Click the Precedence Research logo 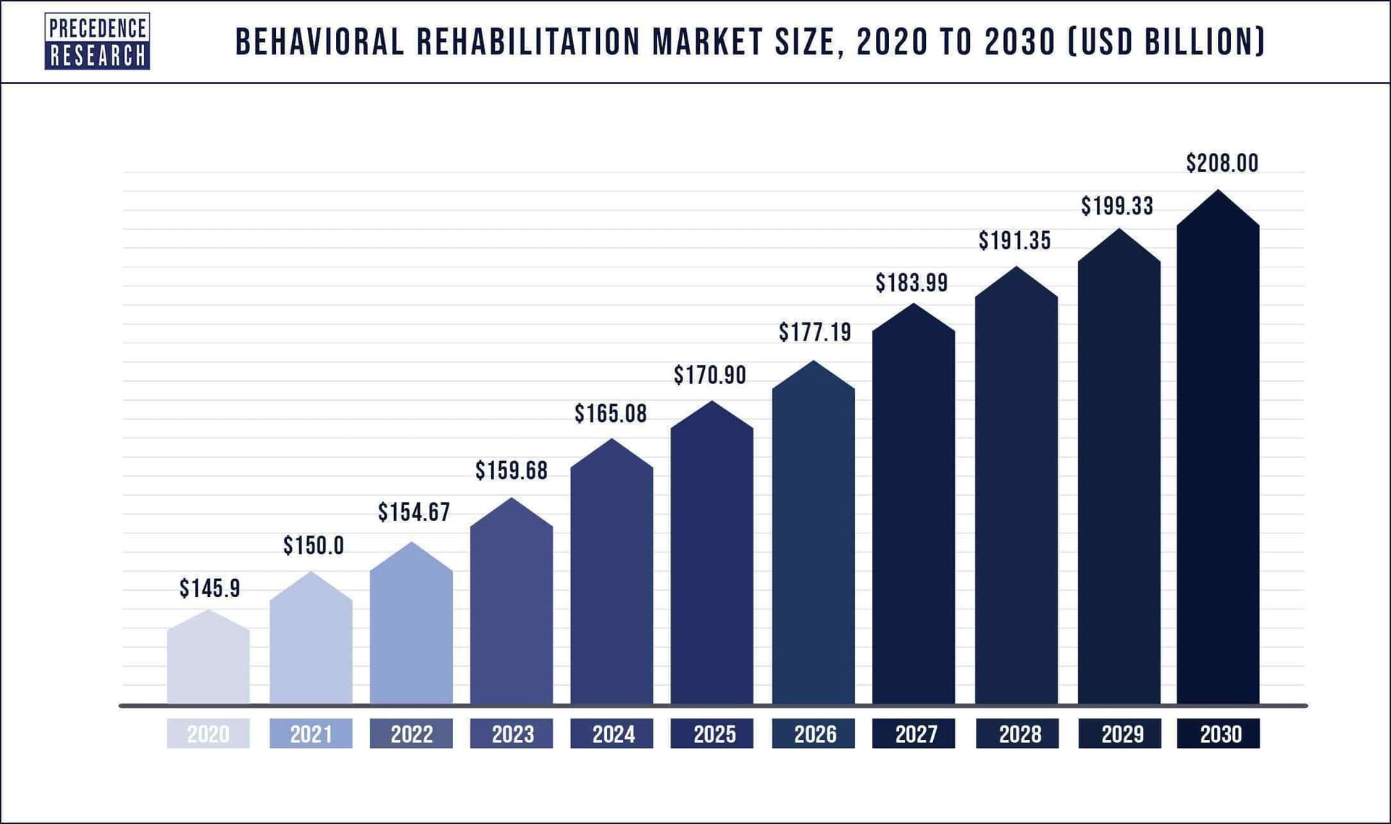97,41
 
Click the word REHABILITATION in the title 528,42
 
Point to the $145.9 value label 209,588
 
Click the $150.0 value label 313,546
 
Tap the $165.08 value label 611,414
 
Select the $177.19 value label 815,333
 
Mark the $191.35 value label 1014,241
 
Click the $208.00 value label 1222,163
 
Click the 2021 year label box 311,733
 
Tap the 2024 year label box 612,733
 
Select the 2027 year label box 914,733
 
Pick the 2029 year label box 1119,733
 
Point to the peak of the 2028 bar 1016,268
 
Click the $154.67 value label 414,512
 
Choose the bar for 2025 711,558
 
